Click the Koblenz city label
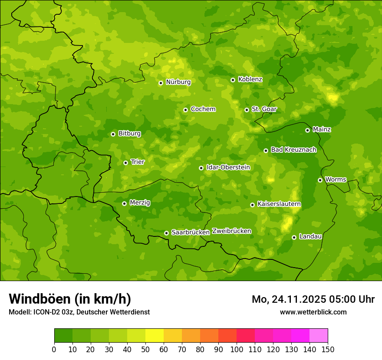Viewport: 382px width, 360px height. click(250, 79)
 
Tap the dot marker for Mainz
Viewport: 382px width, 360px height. click(307, 130)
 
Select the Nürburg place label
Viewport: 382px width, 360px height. click(178, 82)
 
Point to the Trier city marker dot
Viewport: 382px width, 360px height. click(125, 163)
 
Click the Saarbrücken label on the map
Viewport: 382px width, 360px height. click(191, 232)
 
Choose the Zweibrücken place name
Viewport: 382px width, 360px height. click(232, 231)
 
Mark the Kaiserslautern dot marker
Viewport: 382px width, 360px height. click(252, 205)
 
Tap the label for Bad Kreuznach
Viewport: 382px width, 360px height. click(293, 150)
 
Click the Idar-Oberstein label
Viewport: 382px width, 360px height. click(228, 167)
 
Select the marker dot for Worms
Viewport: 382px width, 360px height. click(320, 180)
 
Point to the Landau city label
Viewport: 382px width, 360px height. click(310, 236)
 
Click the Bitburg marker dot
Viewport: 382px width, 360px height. click(113, 134)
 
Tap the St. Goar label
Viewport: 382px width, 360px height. click(264, 109)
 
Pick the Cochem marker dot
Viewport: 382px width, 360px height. click(185, 110)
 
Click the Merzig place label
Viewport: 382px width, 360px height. click(140, 203)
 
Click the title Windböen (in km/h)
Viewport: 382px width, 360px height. click(70, 299)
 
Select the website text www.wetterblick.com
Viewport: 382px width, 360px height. click(313, 312)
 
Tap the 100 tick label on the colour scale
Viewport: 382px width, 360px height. click(237, 349)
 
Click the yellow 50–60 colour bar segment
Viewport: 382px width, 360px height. click(154, 336)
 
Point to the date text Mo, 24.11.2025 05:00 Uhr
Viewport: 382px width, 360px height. click(313, 299)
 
